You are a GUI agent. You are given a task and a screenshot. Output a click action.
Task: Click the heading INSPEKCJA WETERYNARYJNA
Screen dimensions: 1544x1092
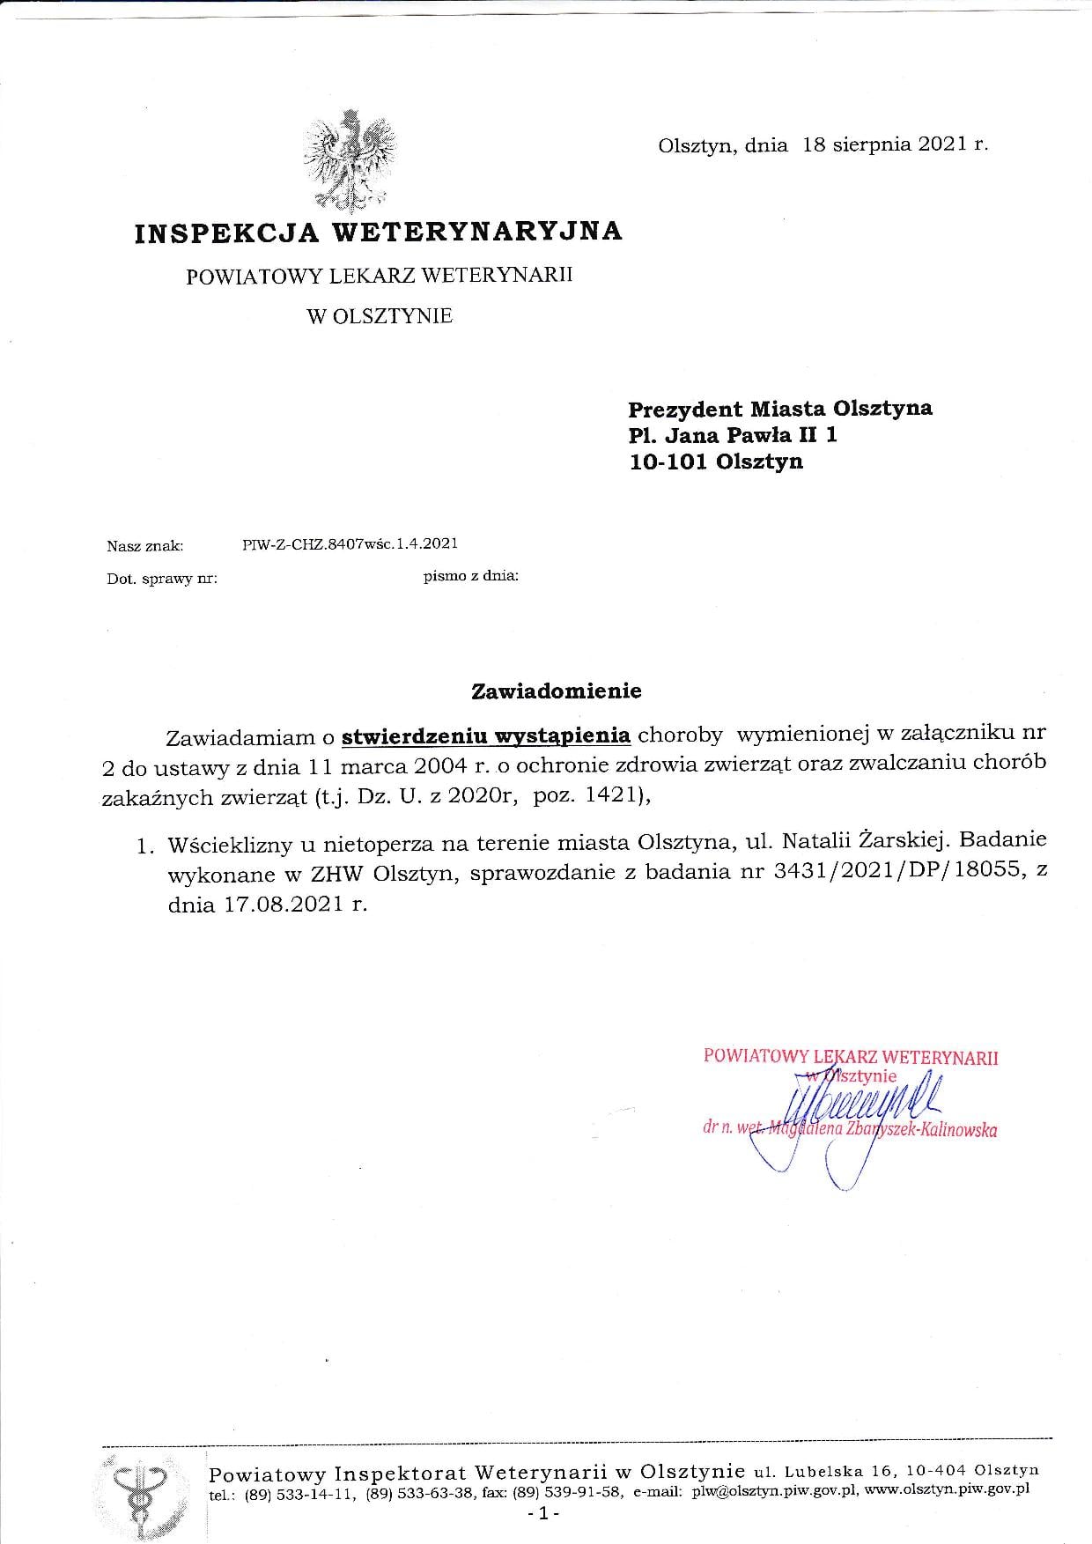379,232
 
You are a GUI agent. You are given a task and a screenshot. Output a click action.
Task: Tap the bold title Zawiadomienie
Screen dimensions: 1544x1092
557,691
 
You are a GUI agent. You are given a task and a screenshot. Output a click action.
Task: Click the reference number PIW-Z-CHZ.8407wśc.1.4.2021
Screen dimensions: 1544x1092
350,543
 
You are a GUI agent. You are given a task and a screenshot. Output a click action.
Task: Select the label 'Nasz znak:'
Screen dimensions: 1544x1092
145,546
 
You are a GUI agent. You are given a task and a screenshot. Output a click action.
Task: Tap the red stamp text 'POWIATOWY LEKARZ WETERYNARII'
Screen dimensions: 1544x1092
851,1057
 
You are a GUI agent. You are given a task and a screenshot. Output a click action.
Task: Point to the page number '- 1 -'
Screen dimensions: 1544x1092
537,1514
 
